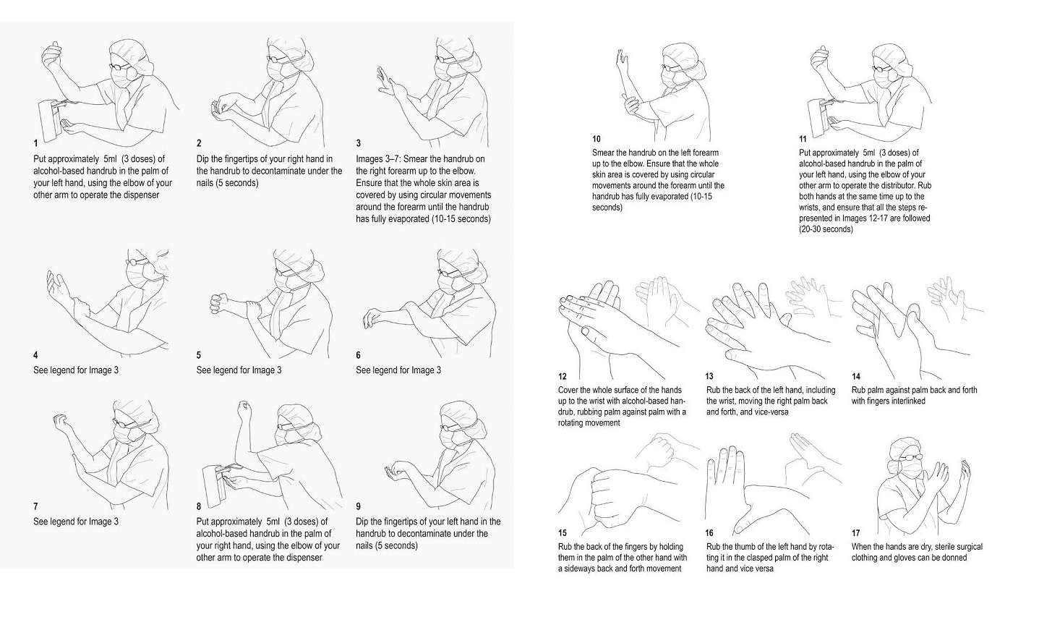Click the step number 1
(35, 143)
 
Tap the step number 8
(199, 506)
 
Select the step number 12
(563, 376)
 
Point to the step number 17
(856, 532)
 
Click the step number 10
(597, 139)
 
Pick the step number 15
(563, 532)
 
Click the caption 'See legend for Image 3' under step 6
(398, 370)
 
